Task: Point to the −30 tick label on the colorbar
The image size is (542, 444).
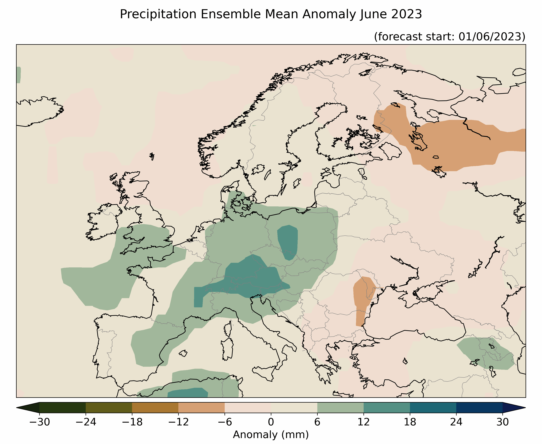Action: (40, 422)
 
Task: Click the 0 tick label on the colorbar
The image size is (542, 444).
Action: (271, 422)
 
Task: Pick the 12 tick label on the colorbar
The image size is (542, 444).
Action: (364, 422)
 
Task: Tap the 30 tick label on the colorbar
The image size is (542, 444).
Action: (503, 422)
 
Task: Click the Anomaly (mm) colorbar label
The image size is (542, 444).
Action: (271, 434)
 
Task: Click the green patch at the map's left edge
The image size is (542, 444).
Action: (18, 75)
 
